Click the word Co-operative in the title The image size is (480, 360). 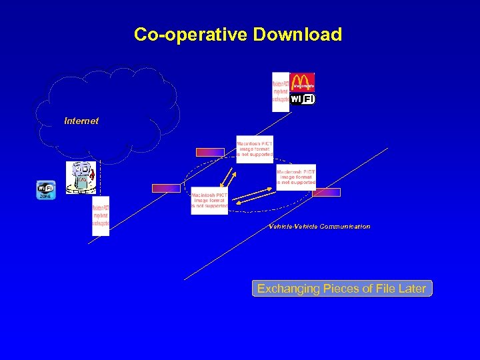point(191,35)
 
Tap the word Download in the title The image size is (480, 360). point(297,35)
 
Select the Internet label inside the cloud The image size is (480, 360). point(81,121)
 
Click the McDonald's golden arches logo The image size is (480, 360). point(303,81)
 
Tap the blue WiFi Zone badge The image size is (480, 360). point(45,190)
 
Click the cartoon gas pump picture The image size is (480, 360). point(81,177)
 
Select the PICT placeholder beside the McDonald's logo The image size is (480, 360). point(281,91)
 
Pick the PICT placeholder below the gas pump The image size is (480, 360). point(101,215)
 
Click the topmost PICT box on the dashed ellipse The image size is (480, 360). point(255,149)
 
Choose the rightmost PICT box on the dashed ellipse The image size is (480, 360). point(296,177)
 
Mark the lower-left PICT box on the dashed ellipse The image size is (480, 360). point(209,200)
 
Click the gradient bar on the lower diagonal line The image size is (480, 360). point(327,192)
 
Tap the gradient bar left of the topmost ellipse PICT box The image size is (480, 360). point(210,152)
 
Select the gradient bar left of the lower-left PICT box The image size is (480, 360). point(166,188)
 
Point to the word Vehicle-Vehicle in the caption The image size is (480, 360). point(293,227)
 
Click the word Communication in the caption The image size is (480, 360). point(345,227)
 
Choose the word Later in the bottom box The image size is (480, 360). point(411,289)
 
